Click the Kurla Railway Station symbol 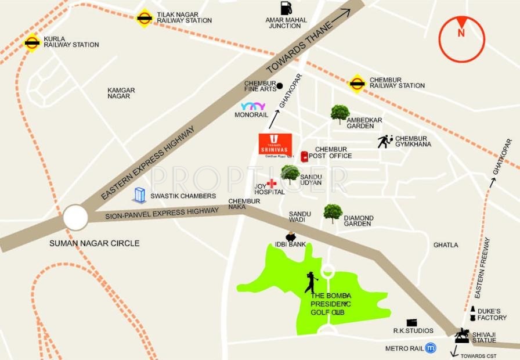tap(32, 42)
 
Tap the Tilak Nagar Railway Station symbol tap(144, 17)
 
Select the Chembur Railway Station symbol tap(356, 83)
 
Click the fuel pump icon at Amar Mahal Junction tap(286, 9)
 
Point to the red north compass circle tap(461, 39)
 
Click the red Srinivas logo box tap(275, 143)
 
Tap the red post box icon tap(304, 156)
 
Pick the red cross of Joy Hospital tap(271, 183)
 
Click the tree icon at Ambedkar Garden tap(340, 114)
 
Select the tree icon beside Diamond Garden tap(333, 213)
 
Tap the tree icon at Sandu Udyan tap(290, 174)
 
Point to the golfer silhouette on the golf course tap(312, 282)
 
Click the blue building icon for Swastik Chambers tap(139, 195)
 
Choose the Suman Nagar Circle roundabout tap(76, 218)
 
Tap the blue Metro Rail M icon tap(430, 348)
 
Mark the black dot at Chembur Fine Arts tap(280, 86)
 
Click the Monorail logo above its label tap(253, 107)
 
